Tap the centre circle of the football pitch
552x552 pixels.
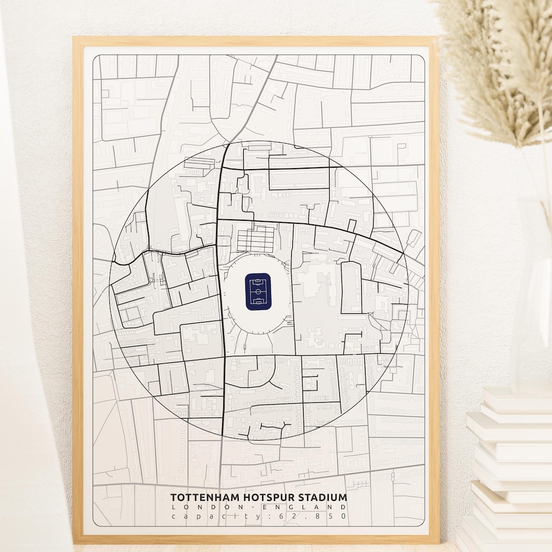coord(258,291)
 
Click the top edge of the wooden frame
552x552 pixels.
coord(256,41)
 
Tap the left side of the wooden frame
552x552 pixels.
coord(78,286)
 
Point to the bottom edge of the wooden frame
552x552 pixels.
coord(256,539)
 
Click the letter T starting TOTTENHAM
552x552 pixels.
coord(173,497)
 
